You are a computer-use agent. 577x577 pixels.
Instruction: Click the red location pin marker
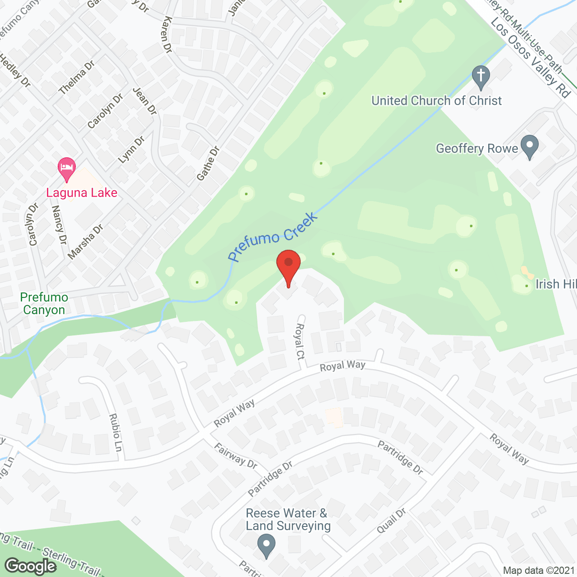pyautogui.click(x=288, y=266)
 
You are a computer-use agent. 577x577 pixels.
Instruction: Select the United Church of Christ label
pyautogui.click(x=436, y=101)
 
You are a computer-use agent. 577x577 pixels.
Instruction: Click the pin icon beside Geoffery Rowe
pyautogui.click(x=529, y=146)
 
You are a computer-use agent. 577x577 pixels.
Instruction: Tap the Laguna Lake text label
pyautogui.click(x=82, y=193)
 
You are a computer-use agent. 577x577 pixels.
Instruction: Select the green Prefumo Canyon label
pyautogui.click(x=44, y=303)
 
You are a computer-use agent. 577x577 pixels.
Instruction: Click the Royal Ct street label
pyautogui.click(x=299, y=341)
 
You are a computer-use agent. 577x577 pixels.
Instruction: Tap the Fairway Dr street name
pyautogui.click(x=235, y=456)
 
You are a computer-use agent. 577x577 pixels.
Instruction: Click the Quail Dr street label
pyautogui.click(x=391, y=521)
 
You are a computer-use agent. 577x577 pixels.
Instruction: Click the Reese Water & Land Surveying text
pyautogui.click(x=288, y=519)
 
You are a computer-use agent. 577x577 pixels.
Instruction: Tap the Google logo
pyautogui.click(x=31, y=566)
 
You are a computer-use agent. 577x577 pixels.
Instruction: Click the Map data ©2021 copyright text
pyautogui.click(x=539, y=570)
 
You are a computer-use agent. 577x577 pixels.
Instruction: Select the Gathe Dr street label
pyautogui.click(x=208, y=163)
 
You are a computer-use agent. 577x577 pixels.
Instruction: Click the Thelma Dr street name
pyautogui.click(x=77, y=78)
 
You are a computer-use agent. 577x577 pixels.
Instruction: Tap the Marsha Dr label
pyautogui.click(x=85, y=242)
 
